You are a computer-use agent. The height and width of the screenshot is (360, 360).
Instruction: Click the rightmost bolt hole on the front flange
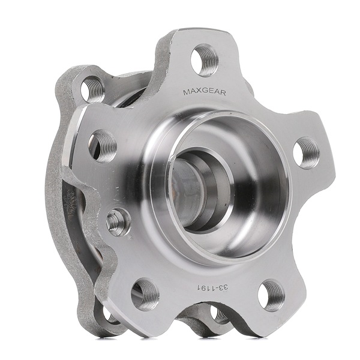(307, 152)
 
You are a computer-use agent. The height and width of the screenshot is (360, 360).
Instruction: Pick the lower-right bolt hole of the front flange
(272, 295)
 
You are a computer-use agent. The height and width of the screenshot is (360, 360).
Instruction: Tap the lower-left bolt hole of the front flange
(145, 293)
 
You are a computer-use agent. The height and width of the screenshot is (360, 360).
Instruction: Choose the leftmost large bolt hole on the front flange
(102, 145)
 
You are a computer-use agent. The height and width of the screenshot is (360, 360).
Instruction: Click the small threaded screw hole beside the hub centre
(118, 222)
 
